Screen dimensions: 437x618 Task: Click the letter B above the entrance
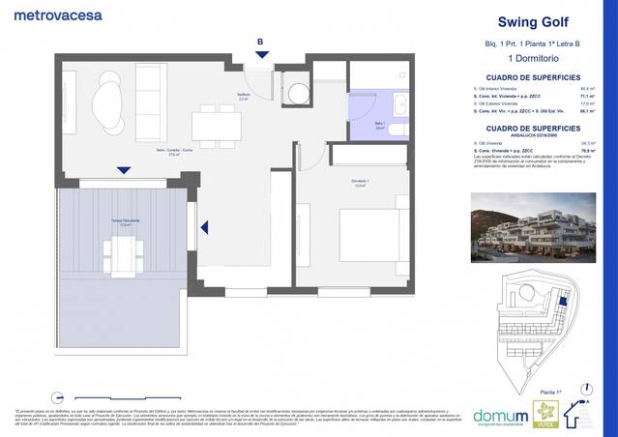(x=259, y=41)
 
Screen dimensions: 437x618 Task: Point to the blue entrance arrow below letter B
(x=259, y=56)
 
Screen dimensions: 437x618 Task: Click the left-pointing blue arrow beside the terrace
(x=204, y=228)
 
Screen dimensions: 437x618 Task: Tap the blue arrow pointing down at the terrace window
(x=123, y=171)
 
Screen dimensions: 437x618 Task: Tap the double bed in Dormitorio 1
(x=364, y=235)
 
